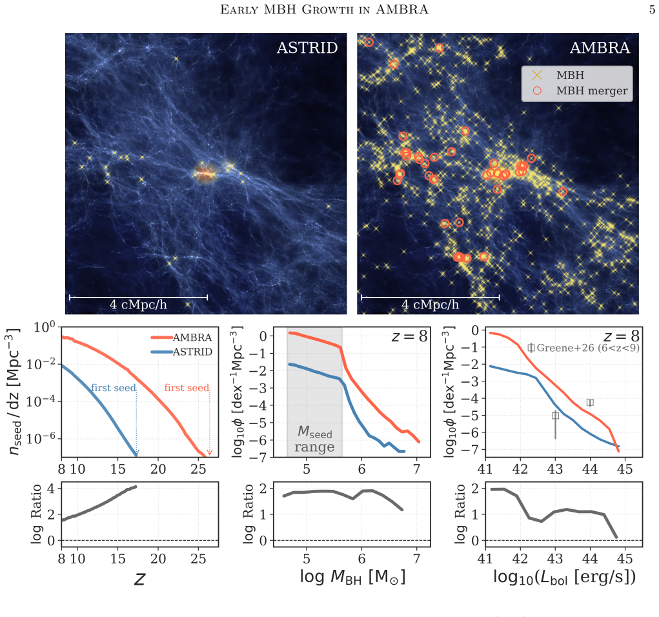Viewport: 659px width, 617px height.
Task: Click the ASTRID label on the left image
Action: pos(307,48)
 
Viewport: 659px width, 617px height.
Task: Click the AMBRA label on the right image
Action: pos(600,48)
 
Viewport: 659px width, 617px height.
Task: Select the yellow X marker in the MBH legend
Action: pos(537,76)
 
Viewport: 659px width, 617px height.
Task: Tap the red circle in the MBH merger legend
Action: pos(537,91)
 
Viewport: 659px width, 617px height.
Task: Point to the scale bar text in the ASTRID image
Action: pos(138,304)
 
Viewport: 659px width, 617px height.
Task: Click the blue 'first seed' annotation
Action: pos(114,388)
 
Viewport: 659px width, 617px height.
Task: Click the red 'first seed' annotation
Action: pos(187,388)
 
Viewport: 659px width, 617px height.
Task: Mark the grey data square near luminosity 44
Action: pos(590,403)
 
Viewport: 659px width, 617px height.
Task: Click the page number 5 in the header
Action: pos(652,10)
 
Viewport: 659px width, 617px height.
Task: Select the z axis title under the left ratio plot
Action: pos(139,579)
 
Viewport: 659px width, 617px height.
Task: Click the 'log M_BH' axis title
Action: pos(352,576)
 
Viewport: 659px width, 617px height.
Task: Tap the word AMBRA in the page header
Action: pos(401,10)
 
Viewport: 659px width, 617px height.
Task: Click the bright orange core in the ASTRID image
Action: pos(205,173)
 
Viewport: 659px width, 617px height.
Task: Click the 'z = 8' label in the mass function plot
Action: pos(409,336)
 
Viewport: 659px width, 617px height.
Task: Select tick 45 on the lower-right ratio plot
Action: pos(625,558)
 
